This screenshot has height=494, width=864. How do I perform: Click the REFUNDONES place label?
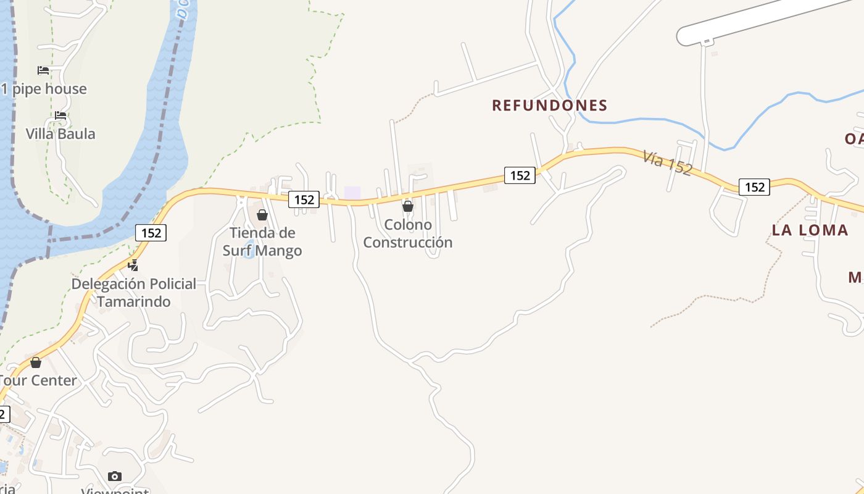[549, 106]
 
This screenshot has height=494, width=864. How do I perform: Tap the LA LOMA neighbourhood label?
[810, 230]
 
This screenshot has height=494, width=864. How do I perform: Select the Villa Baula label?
[60, 134]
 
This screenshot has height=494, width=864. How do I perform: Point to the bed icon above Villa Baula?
[60, 115]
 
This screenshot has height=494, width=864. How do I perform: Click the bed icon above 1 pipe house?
[43, 70]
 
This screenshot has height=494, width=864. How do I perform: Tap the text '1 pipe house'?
[44, 89]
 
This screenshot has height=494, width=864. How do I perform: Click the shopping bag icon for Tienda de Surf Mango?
[262, 215]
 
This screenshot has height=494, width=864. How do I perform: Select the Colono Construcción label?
[407, 233]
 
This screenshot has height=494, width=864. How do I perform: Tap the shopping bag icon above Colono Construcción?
[407, 206]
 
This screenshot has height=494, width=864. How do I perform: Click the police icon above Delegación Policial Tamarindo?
[133, 266]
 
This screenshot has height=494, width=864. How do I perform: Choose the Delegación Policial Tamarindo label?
[133, 293]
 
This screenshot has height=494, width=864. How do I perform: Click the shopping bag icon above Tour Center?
[36, 362]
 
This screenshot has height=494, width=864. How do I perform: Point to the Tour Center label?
[38, 380]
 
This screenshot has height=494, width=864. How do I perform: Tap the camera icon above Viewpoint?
[115, 476]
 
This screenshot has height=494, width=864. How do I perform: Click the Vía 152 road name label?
[667, 163]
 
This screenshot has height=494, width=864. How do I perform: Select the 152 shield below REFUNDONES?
[520, 175]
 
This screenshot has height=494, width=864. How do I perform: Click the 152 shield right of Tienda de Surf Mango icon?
[304, 199]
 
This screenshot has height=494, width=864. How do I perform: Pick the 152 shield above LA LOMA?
[754, 187]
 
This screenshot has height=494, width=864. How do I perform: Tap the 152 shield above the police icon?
[151, 233]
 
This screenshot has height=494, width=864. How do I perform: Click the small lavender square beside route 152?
[352, 193]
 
